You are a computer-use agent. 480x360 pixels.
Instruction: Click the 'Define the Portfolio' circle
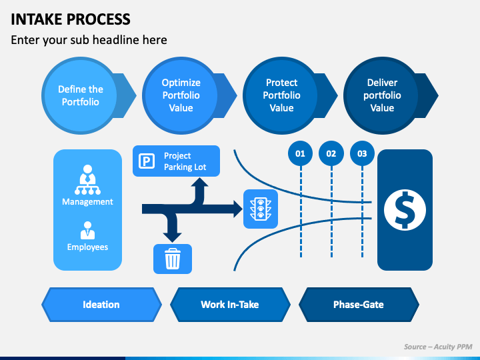(x=81, y=95)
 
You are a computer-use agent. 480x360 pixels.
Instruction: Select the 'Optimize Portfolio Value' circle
(x=181, y=95)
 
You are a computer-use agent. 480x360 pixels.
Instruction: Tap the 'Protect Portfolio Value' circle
(x=281, y=95)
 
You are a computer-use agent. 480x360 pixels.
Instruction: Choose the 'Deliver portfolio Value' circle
(x=383, y=95)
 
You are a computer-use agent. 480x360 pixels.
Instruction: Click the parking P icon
(x=147, y=161)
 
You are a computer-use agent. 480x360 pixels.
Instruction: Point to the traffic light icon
(x=261, y=209)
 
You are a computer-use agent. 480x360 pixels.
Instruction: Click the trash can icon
(x=173, y=259)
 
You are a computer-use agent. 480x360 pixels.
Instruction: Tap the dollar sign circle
(x=405, y=210)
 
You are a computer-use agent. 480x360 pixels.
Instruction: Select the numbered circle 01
(x=300, y=153)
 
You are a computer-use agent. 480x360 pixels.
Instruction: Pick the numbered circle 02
(x=331, y=153)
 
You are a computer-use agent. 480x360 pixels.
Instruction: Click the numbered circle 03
(x=362, y=153)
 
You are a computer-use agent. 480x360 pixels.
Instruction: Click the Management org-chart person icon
(x=87, y=180)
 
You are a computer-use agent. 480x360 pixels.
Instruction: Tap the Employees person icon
(x=87, y=230)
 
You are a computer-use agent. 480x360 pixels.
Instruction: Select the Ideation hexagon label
(x=101, y=305)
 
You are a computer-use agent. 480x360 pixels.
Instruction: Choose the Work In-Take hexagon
(x=230, y=305)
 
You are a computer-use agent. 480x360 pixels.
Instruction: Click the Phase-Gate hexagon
(x=359, y=305)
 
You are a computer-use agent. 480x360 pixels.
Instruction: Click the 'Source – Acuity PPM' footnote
(x=438, y=347)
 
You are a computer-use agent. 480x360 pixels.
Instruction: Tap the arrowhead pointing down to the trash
(x=172, y=237)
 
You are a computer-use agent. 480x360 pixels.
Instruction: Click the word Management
(x=87, y=202)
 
